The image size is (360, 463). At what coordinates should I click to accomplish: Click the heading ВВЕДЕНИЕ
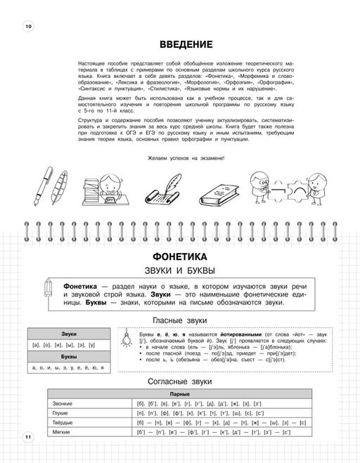[x=186, y=45]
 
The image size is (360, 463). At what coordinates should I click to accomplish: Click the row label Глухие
[x=63, y=415]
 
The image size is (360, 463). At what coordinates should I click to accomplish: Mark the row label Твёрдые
[x=64, y=424]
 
